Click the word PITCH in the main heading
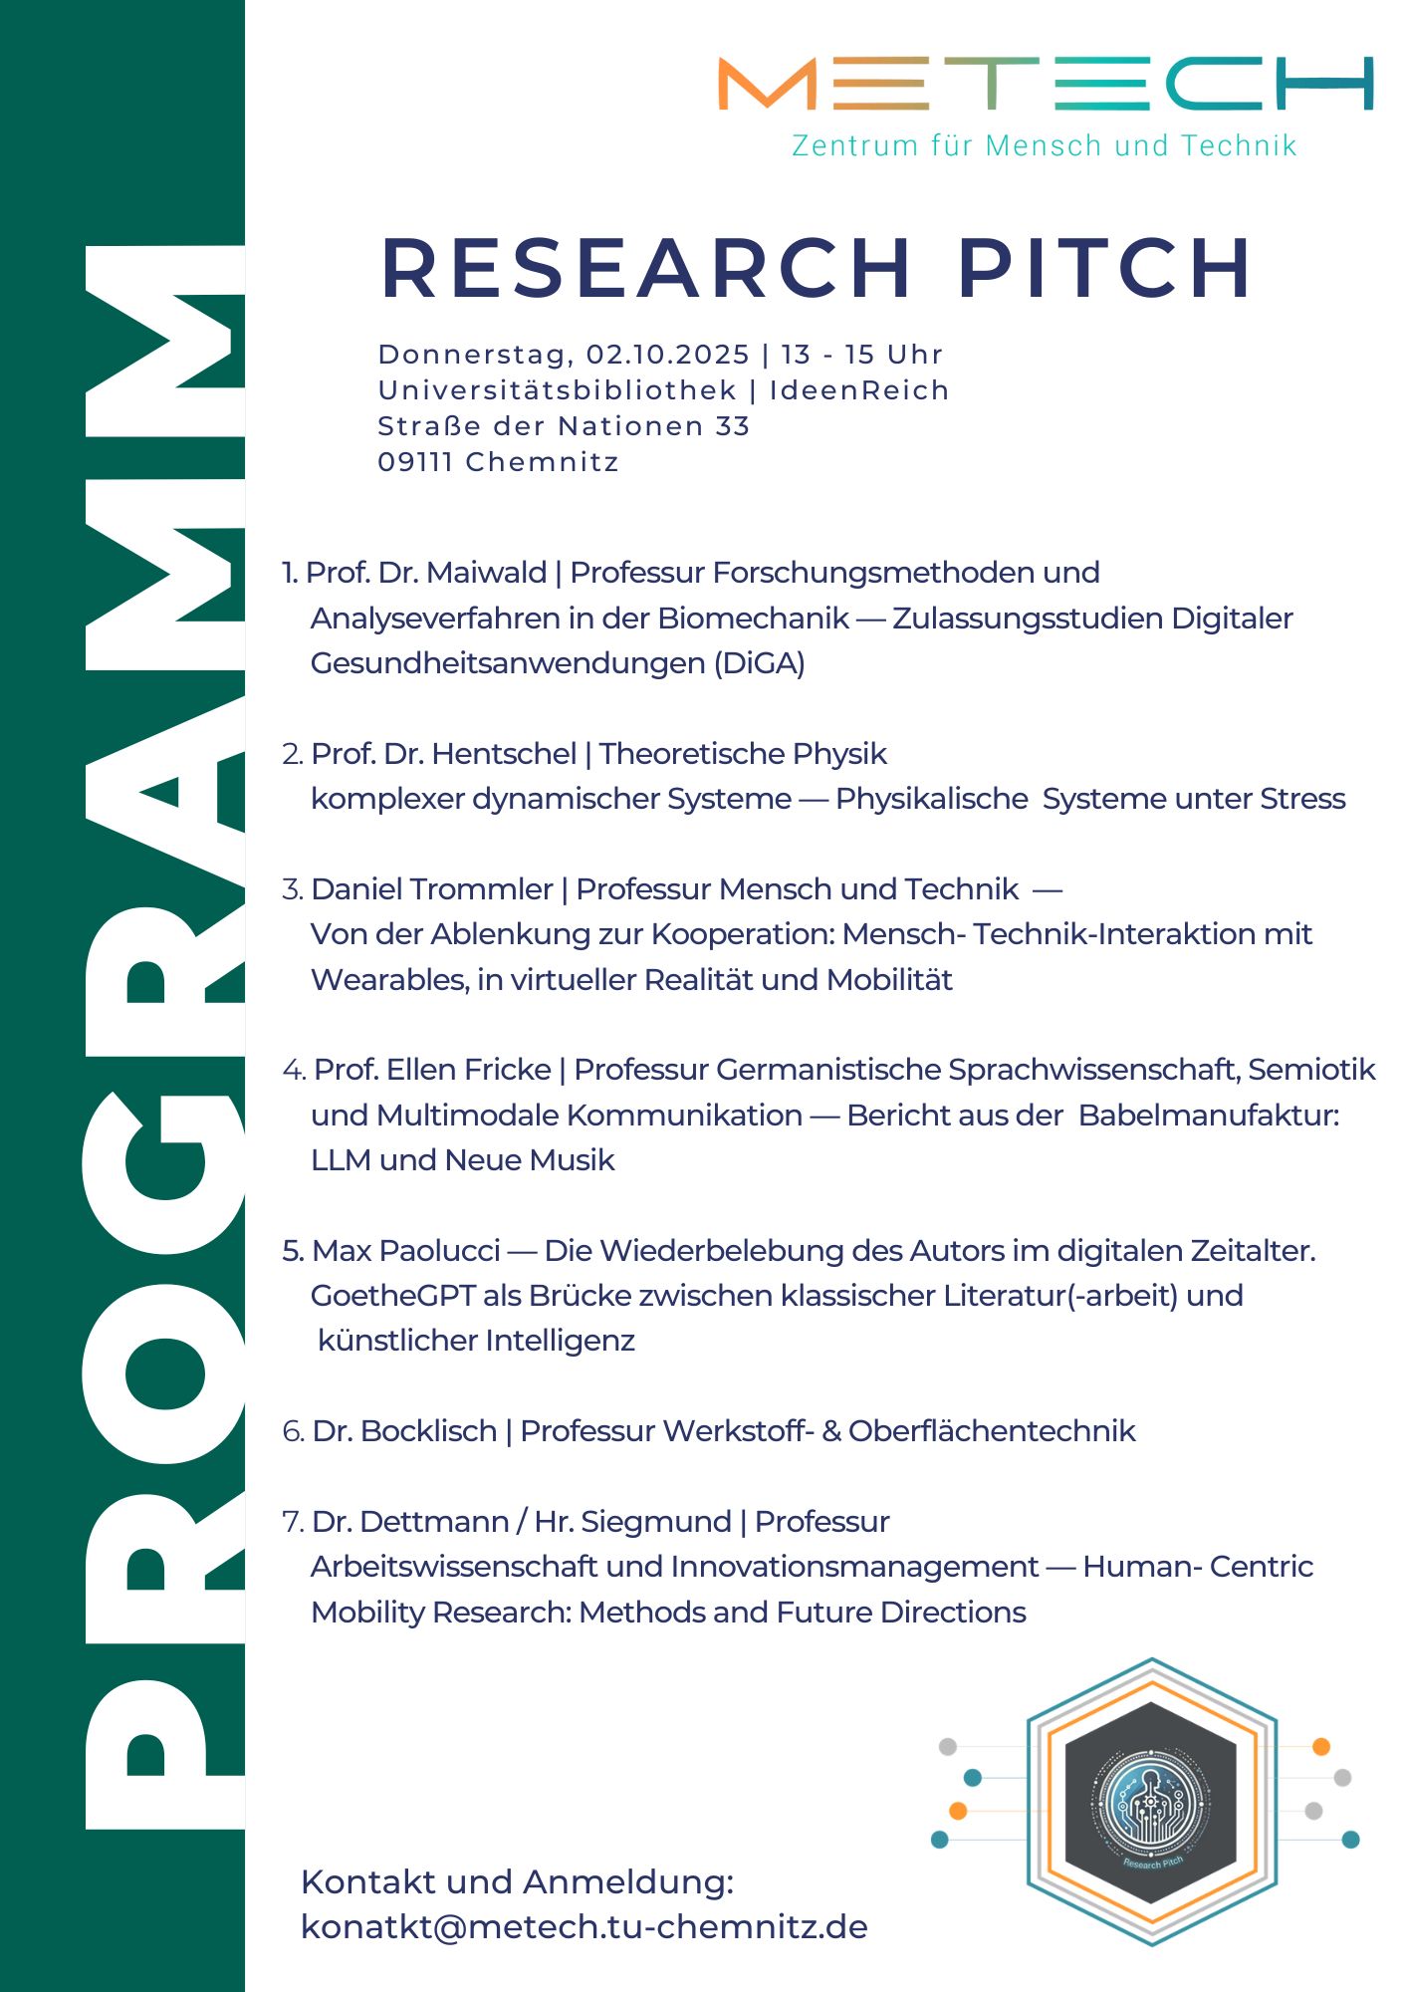[1104, 268]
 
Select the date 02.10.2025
[667, 355]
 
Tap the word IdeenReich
[858, 390]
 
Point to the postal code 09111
[415, 462]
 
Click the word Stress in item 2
[1302, 799]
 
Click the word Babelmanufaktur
[1208, 1116]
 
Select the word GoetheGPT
[392, 1296]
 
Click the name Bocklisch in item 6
[428, 1431]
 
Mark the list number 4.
[293, 1071]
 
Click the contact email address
[584, 1927]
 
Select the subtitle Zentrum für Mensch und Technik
[1044, 145]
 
